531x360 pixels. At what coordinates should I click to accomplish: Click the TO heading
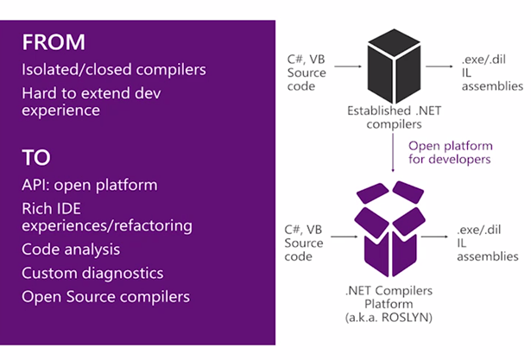coord(36,158)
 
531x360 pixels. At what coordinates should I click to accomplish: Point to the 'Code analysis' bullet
coord(71,249)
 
